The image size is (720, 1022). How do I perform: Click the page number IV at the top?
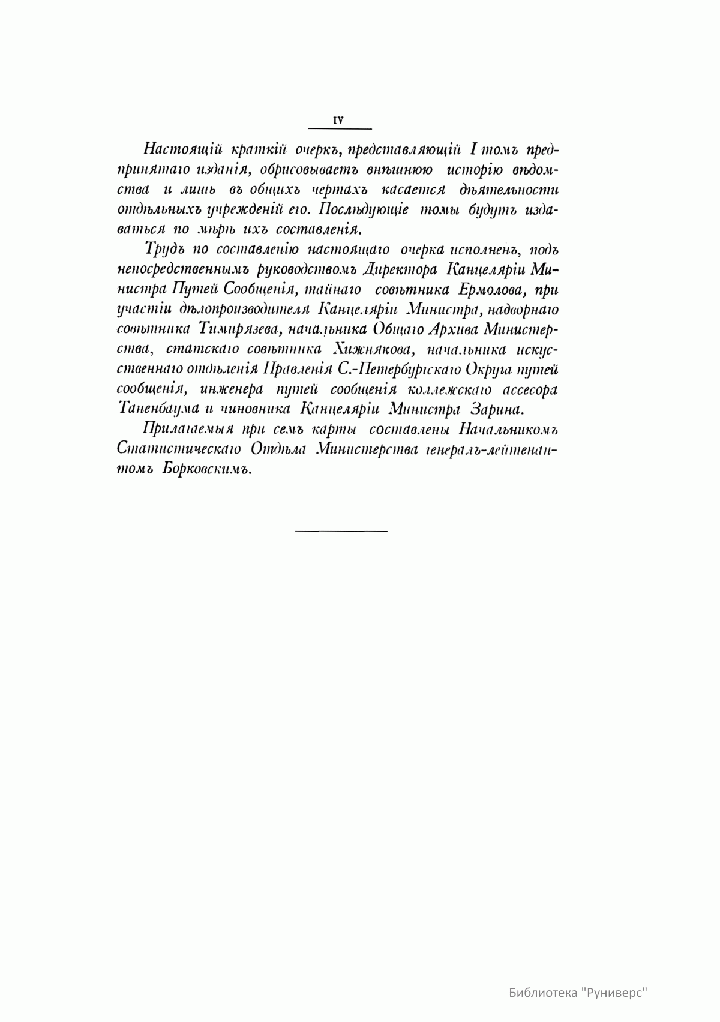tap(338, 120)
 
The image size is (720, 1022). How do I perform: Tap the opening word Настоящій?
tap(173, 149)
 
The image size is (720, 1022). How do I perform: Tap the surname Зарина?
tap(497, 409)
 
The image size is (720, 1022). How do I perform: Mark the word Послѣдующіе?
tap(364, 209)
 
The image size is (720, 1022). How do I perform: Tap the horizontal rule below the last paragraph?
tap(341, 531)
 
